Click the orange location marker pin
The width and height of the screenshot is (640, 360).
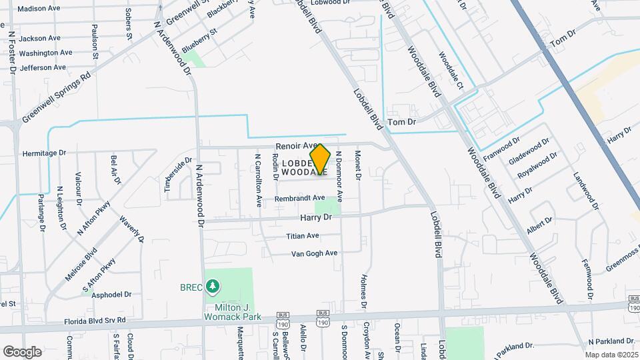(x=321, y=159)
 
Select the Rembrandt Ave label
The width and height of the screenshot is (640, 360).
(x=301, y=198)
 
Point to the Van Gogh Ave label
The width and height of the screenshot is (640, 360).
(x=315, y=253)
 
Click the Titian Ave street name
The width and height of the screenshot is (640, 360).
(x=303, y=236)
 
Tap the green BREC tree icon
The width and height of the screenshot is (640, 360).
(x=213, y=287)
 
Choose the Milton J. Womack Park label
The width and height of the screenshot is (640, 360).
(x=229, y=311)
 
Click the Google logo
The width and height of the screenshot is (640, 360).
(x=22, y=351)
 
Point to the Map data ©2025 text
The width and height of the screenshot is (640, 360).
(x=611, y=355)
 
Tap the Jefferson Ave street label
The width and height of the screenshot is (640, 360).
(x=43, y=67)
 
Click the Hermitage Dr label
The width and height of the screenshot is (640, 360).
(x=45, y=153)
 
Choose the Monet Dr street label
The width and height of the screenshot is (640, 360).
(x=358, y=165)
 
